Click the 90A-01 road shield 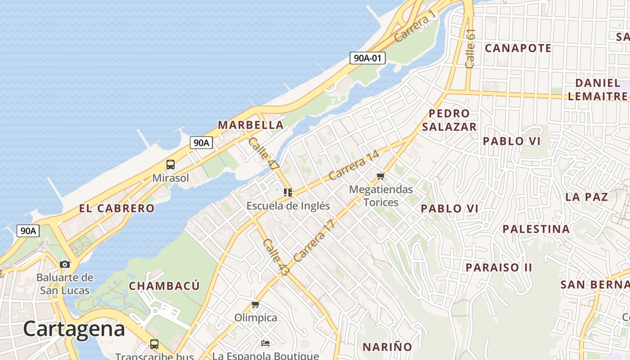click(x=367, y=58)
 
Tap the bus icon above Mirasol click(x=171, y=165)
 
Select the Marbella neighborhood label click(x=251, y=125)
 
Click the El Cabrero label click(x=117, y=208)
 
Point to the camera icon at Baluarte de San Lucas click(x=65, y=264)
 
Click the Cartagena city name click(x=74, y=329)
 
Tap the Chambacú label click(x=164, y=286)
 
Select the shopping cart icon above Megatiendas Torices click(x=381, y=176)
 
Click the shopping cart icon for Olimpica click(x=256, y=305)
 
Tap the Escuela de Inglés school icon click(x=288, y=193)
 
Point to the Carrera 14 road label click(x=354, y=165)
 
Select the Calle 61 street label click(x=471, y=49)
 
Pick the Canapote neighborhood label click(x=518, y=48)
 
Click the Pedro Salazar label click(x=449, y=120)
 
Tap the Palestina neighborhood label click(x=536, y=229)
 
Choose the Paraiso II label click(x=499, y=267)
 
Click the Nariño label click(x=387, y=347)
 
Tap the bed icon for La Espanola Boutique click(x=265, y=343)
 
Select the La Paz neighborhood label click(x=586, y=197)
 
